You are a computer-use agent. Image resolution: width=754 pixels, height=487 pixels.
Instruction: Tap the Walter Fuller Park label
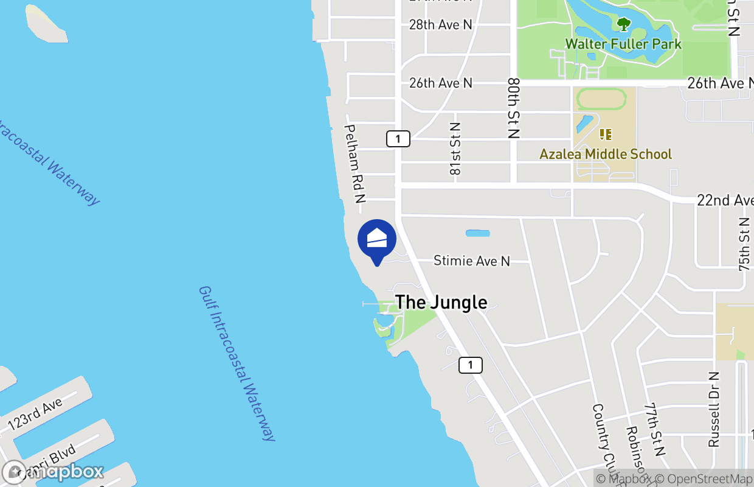[x=623, y=44]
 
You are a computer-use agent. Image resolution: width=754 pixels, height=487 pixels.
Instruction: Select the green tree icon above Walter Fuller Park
[x=623, y=25]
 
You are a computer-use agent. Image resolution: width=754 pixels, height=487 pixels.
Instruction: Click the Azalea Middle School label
[x=606, y=154]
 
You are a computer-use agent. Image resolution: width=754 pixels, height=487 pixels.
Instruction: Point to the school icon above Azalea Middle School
[x=605, y=134]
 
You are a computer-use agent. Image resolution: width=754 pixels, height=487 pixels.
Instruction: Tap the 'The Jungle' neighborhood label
[x=441, y=302]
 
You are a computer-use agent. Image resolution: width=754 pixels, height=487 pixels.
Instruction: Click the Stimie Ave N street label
[x=472, y=261]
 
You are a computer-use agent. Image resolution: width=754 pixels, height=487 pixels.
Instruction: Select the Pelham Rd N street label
[x=355, y=164]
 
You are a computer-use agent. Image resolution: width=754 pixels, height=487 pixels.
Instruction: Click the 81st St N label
[x=455, y=149]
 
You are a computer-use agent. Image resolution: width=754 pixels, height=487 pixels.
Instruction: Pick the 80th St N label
[x=514, y=108]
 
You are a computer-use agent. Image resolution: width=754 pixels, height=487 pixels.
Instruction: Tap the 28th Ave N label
[x=441, y=25]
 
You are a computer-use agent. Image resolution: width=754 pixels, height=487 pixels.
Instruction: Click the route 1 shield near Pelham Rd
[x=398, y=139]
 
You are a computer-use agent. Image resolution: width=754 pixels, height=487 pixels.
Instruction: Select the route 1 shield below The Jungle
[x=470, y=365]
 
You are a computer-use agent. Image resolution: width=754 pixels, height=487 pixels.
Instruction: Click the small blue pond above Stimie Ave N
[x=477, y=233]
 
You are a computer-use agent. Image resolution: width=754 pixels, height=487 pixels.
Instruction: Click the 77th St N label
[x=656, y=429]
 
